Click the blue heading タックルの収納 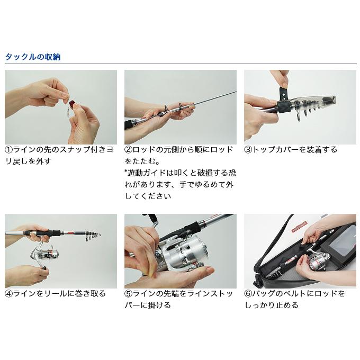[32, 57]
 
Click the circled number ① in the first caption [9, 150]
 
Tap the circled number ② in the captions [129, 150]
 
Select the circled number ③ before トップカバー [248, 150]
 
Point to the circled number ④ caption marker [9, 293]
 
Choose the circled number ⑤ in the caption [129, 293]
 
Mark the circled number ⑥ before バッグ [248, 293]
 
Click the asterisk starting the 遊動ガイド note [127, 173]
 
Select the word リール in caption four [55, 293]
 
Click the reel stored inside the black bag [318, 261]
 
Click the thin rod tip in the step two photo [212, 97]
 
